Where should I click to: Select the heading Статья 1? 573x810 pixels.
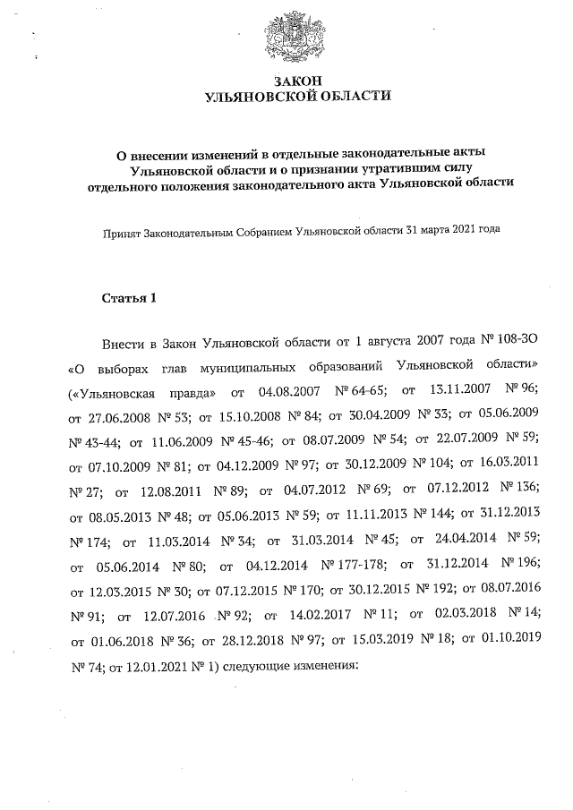[129, 298]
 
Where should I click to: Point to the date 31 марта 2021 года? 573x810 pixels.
[452, 229]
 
